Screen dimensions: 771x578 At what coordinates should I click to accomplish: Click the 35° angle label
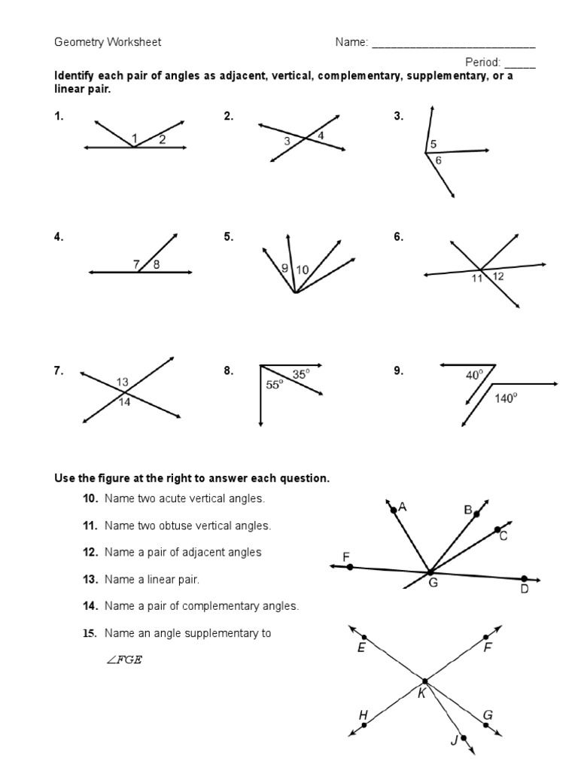(x=300, y=373)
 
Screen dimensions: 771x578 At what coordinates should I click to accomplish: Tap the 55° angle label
(x=275, y=383)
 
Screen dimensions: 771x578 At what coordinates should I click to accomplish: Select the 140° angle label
(x=506, y=399)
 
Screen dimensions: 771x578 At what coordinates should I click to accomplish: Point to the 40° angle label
(x=475, y=373)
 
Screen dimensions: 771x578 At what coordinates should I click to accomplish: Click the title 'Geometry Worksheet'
(x=108, y=42)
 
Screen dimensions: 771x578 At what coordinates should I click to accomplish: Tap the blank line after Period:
(x=520, y=63)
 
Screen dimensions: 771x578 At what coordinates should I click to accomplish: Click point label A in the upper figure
(x=403, y=507)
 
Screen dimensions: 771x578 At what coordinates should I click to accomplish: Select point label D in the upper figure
(x=525, y=590)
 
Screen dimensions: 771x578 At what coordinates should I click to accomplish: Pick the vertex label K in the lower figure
(x=421, y=693)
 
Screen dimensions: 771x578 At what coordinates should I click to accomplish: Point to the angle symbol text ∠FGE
(x=124, y=660)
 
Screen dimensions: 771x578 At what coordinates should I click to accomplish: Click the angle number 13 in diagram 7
(x=123, y=382)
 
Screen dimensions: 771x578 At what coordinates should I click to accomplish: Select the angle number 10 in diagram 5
(x=303, y=269)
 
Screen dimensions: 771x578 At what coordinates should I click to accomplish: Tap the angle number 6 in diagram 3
(x=439, y=160)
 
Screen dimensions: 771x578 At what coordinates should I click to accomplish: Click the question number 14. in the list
(x=91, y=606)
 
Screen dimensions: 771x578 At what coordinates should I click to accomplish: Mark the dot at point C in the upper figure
(x=497, y=530)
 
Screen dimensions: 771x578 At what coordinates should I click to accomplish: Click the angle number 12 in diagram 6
(x=498, y=277)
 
